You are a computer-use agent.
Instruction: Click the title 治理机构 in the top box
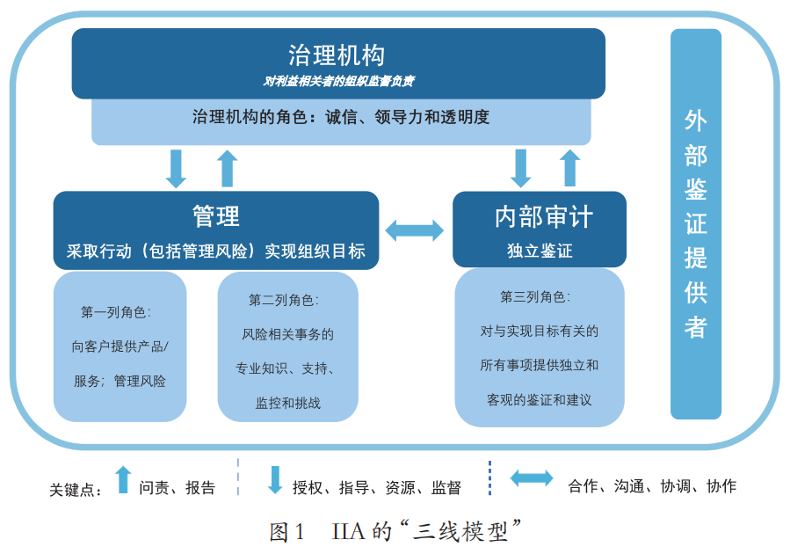(337, 55)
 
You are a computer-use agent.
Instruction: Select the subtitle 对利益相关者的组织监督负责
(338, 81)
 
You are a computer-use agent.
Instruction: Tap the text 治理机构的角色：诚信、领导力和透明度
(340, 117)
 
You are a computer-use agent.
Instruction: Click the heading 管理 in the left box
(215, 215)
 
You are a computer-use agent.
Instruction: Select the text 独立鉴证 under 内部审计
(540, 251)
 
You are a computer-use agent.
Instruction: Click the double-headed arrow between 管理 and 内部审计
(415, 230)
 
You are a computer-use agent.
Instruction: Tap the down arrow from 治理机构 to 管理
(177, 168)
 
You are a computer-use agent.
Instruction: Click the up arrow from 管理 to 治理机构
(228, 168)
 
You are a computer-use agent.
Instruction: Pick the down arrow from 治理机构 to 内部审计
(521, 168)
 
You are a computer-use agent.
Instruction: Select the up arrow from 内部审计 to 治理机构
(570, 168)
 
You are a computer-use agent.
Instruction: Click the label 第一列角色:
(117, 312)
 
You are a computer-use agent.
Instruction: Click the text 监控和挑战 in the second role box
(288, 404)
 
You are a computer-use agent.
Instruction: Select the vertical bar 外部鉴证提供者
(696, 224)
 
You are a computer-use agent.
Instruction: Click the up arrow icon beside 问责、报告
(123, 479)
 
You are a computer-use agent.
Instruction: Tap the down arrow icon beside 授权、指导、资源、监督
(275, 479)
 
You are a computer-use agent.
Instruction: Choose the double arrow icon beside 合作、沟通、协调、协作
(532, 479)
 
